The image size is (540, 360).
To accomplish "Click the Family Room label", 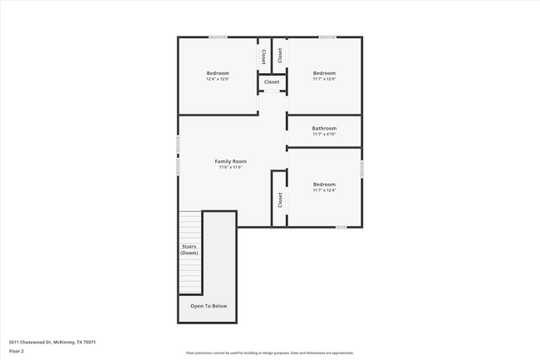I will (x=230, y=161).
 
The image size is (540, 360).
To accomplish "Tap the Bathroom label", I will (x=324, y=128).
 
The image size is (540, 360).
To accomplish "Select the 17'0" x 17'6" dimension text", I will (x=230, y=167).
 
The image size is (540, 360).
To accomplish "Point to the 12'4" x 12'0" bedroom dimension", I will (x=218, y=79).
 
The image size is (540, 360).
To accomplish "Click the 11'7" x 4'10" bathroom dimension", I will (x=324, y=134).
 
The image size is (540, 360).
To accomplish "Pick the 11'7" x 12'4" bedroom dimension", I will (x=324, y=190).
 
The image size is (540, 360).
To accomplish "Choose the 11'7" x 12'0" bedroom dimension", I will (x=324, y=79).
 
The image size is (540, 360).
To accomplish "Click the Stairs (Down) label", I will (x=189, y=249).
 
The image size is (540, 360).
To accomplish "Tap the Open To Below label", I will (x=209, y=306).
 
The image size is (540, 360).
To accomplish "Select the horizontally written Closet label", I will (x=272, y=82).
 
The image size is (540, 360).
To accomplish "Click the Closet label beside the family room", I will (x=280, y=200).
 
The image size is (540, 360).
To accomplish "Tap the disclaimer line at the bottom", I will (x=269, y=353).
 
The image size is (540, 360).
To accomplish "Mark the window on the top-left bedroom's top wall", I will (x=218, y=37).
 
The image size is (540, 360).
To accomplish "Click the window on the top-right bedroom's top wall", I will (x=328, y=37).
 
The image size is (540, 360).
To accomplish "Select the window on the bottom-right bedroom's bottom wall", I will (x=341, y=226).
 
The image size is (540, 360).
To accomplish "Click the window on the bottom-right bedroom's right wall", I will (x=362, y=168).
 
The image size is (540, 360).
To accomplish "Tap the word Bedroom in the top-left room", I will (x=218, y=73).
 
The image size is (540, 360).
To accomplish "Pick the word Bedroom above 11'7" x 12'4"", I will (x=324, y=184).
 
